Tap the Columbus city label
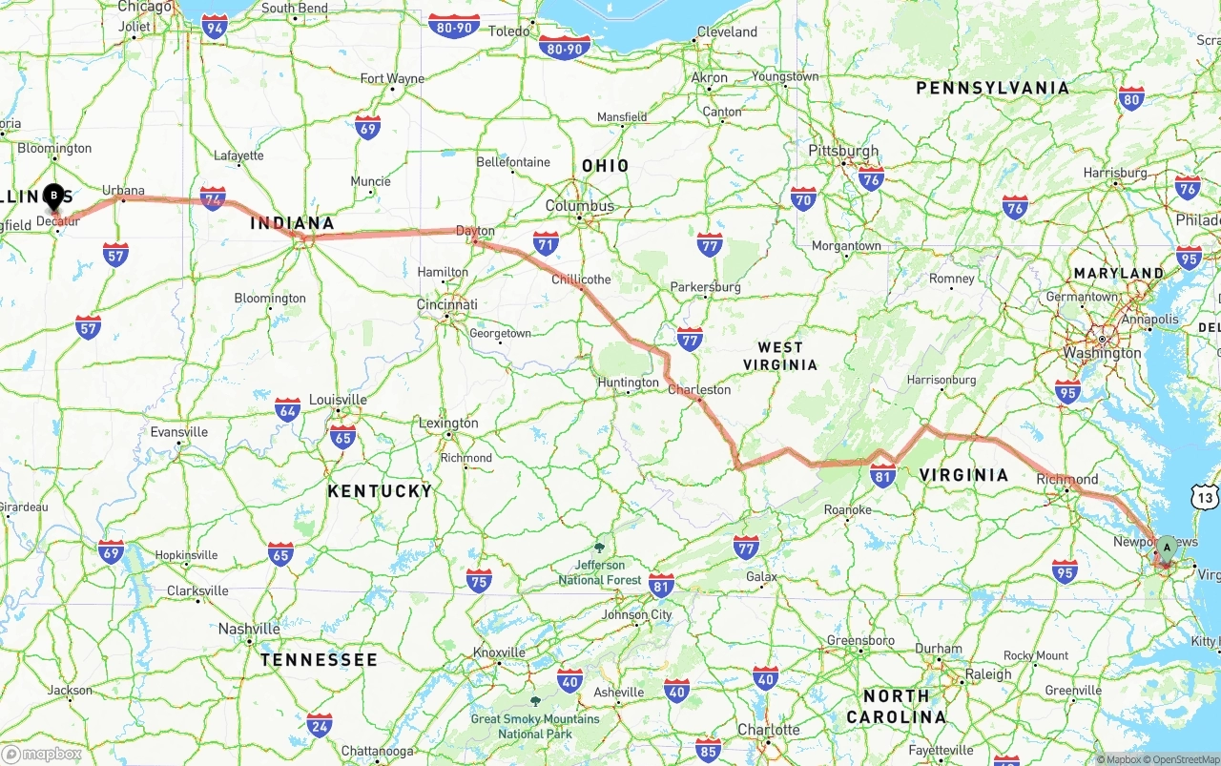580,206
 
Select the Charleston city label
699,389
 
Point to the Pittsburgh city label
843,151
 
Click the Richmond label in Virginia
1067,479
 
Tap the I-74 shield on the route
214,198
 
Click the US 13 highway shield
1205,497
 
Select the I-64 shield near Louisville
287,410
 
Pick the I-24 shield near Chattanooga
320,725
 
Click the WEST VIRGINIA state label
780,356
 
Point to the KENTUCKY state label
380,491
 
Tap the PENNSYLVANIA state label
992,88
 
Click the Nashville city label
249,629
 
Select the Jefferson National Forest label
600,572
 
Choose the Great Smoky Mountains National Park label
535,726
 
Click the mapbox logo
42,754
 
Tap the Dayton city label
475,231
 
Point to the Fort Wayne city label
392,78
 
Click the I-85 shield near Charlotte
708,750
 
